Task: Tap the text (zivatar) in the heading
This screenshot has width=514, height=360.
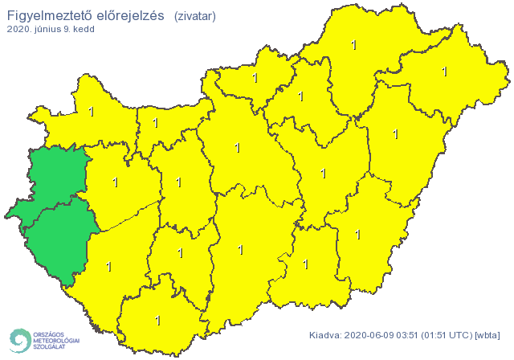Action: click(x=194, y=15)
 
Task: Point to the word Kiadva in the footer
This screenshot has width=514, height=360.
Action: click(x=324, y=335)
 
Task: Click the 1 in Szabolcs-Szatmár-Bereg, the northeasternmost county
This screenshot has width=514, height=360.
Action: click(x=444, y=71)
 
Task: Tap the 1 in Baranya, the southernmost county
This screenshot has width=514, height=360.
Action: click(x=157, y=320)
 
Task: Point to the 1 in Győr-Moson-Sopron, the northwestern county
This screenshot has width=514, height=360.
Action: click(x=91, y=111)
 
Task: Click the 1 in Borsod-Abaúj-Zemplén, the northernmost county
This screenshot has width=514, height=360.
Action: click(x=354, y=45)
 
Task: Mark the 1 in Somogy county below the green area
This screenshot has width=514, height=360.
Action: click(x=108, y=265)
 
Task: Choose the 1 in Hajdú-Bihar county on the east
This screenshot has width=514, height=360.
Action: click(x=395, y=133)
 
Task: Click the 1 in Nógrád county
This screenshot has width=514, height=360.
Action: click(x=255, y=78)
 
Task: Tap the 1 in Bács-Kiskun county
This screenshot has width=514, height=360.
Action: click(x=240, y=250)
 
